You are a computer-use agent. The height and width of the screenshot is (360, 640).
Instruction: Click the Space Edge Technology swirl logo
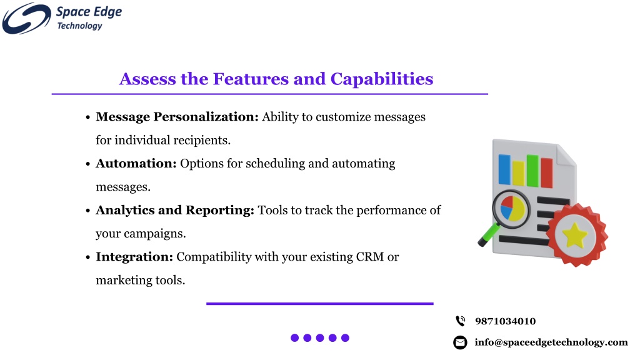click(26, 18)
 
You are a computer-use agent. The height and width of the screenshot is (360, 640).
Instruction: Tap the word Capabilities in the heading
click(382, 79)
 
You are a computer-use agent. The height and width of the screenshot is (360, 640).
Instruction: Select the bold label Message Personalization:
click(177, 117)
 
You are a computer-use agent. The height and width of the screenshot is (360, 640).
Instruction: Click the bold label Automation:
click(136, 163)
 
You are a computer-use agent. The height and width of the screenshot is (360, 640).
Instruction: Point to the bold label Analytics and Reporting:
click(175, 210)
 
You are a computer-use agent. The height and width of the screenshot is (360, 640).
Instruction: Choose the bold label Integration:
click(134, 257)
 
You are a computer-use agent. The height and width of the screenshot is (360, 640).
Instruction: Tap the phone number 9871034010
click(505, 321)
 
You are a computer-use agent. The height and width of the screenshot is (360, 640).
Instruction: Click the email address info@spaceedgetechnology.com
click(551, 342)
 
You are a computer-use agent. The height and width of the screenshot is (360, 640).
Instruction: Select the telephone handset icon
click(461, 321)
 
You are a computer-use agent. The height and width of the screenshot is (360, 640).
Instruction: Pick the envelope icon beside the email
click(460, 342)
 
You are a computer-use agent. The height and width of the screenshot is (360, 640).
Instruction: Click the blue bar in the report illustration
click(504, 169)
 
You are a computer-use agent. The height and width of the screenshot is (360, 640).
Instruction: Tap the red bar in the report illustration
click(546, 173)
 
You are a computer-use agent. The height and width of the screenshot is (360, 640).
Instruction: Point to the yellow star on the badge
click(574, 236)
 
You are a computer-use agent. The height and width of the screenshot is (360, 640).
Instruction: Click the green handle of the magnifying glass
click(489, 235)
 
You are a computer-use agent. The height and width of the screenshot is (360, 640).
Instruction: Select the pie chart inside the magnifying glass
click(512, 208)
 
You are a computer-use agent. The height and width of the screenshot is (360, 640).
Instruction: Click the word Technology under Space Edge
click(79, 26)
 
